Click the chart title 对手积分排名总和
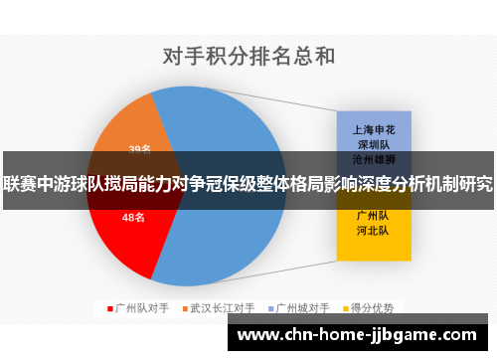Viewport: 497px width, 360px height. (248, 55)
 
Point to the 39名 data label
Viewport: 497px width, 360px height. (139, 150)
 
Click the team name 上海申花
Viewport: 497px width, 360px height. (374, 129)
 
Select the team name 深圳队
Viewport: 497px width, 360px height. (374, 143)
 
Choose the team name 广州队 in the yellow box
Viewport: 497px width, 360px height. (374, 215)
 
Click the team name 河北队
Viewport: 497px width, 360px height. (374, 230)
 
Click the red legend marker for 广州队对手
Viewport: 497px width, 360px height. (109, 309)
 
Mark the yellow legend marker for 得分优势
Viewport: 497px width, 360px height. (347, 309)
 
